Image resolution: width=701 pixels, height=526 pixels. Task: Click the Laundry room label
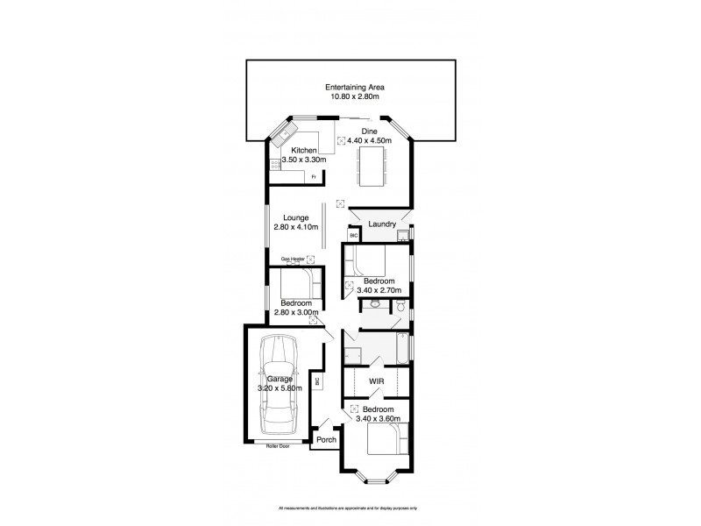click(x=383, y=224)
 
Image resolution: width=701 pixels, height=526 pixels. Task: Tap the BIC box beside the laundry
click(x=354, y=235)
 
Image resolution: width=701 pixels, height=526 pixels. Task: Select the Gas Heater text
click(x=292, y=259)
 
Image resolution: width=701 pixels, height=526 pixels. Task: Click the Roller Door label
click(x=278, y=446)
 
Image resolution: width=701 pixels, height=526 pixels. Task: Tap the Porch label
click(x=327, y=439)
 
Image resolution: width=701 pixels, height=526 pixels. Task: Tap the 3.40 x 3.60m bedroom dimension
click(x=378, y=419)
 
